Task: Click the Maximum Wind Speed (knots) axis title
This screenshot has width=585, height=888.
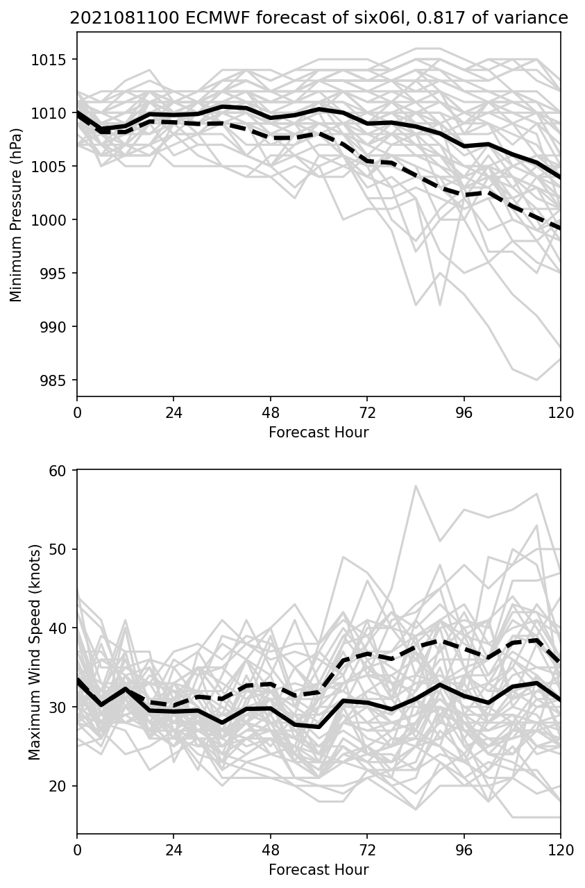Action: [35, 652]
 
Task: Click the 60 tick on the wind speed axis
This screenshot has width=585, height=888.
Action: [63, 471]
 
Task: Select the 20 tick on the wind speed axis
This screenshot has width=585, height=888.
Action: [63, 786]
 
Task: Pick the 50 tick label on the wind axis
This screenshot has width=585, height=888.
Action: [63, 549]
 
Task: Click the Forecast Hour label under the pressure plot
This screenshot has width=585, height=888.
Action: [319, 433]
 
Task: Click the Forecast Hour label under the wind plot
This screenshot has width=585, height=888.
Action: [319, 869]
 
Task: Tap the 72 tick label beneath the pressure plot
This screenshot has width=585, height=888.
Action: [367, 412]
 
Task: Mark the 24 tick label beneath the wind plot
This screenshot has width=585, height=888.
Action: [173, 849]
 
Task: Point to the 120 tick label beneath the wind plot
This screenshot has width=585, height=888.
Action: [560, 849]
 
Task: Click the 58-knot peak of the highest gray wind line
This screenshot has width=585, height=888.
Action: [416, 486]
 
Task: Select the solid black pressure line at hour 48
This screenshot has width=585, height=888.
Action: [271, 118]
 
